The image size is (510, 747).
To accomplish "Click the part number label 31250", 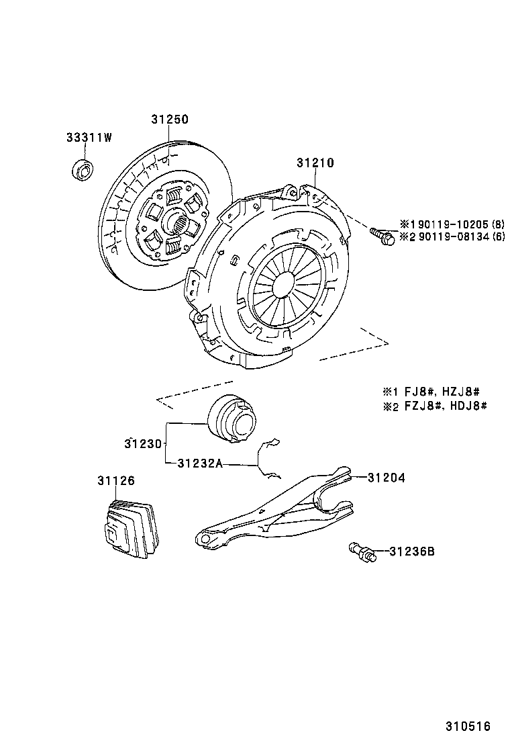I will [x=169, y=120].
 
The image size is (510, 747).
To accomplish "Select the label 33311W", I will [x=89, y=138].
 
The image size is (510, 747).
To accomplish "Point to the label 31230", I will [x=143, y=444].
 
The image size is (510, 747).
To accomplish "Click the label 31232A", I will [x=200, y=463].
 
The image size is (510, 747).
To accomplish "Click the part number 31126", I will [x=115, y=481].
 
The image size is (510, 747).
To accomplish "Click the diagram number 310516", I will [x=468, y=727].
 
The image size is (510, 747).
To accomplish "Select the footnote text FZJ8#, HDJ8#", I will [x=444, y=406].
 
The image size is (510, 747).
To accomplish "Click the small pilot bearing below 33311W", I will [x=83, y=170].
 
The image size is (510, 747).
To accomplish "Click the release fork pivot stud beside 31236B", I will [x=362, y=554].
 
